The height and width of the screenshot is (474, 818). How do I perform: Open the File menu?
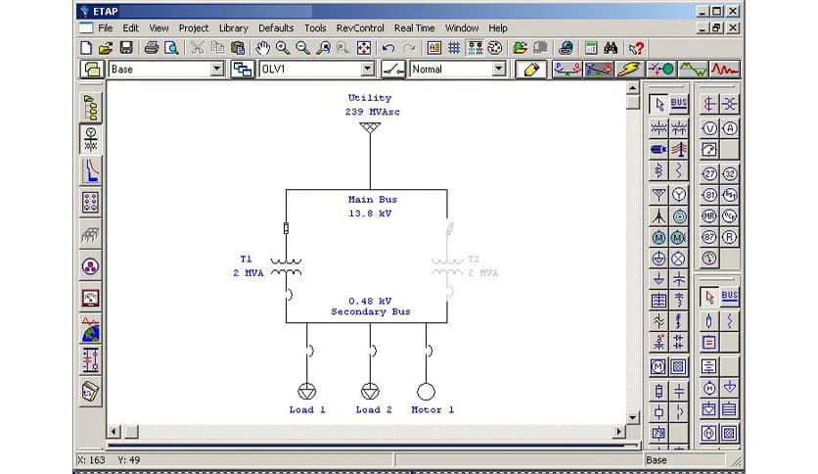point(105,28)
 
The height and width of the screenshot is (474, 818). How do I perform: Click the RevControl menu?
point(360,28)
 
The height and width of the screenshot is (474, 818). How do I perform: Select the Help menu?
point(498,28)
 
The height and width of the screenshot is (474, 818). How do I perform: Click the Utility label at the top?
point(369,98)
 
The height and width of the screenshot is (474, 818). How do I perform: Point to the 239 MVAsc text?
point(372,112)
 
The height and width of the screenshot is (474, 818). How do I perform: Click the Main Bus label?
point(373,200)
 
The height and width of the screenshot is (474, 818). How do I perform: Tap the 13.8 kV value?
point(370,213)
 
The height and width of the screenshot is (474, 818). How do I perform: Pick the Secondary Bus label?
point(371,311)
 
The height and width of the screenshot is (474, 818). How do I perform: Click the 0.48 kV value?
point(370,301)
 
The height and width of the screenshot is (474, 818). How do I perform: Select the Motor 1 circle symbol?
point(427,391)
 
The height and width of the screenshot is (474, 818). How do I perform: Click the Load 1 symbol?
point(307,391)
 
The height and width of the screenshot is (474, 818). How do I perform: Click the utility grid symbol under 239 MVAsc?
point(369,127)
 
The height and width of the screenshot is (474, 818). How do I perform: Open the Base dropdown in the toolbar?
point(218,70)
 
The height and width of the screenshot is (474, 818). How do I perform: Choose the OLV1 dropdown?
point(368,70)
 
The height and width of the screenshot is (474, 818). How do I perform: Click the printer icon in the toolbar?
point(152,47)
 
